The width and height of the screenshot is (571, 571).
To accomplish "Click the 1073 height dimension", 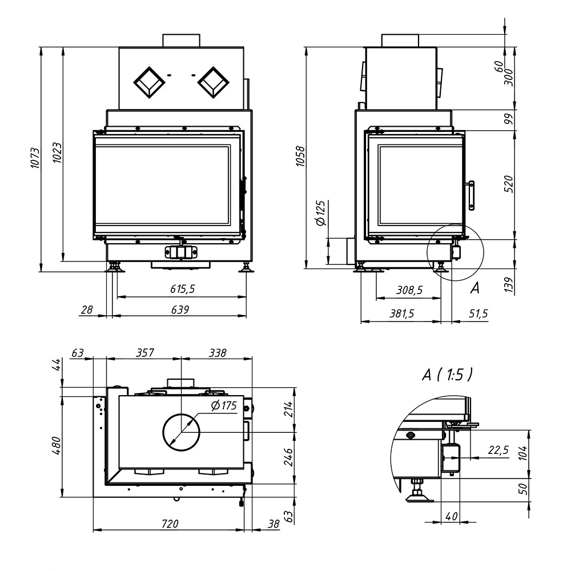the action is coord(35,158).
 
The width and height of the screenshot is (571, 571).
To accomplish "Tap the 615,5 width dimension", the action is coord(183,289).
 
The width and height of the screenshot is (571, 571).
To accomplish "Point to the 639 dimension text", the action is coord(180,309).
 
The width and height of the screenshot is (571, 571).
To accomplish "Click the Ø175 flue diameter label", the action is coord(224,405).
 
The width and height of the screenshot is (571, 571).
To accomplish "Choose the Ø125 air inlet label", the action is coord(321,213).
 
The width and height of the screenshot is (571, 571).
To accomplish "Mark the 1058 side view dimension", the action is coord(300,156).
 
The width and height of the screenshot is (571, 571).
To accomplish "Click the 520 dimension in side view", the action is coord(509,184).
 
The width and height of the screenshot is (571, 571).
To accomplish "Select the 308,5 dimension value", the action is coord(409,290).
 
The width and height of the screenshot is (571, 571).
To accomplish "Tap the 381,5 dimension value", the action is coord(401,313).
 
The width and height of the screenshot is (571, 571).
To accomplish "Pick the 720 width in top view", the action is coord(170,524).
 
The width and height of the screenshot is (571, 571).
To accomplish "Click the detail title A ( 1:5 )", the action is coord(448,374).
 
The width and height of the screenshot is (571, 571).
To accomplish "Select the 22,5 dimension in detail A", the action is coord(498,451).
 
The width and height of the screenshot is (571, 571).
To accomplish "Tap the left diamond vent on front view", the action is coord(149,83).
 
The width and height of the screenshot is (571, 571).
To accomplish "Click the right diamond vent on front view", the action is coord(214,83).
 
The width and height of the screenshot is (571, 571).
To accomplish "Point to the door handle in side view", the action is coord(471,196).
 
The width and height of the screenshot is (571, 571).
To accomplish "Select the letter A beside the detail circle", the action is coord(475,288).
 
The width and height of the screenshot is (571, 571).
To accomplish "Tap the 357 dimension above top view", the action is coord(145,352).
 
